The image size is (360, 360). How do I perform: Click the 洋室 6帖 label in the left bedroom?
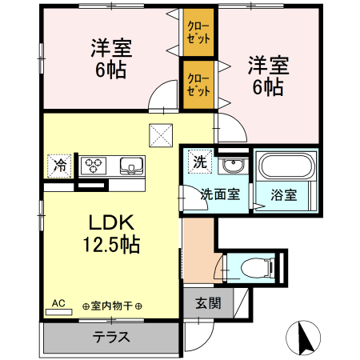(x=110, y=58)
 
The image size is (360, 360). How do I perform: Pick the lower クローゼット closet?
(x=198, y=85)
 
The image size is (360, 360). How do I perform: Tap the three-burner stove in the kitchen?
(x=96, y=166)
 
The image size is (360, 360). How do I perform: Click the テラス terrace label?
(x=111, y=337)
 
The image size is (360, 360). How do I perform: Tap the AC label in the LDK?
(x=58, y=303)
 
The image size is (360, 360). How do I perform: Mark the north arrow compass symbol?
(x=304, y=338)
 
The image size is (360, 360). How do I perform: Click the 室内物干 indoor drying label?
(x=111, y=306)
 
